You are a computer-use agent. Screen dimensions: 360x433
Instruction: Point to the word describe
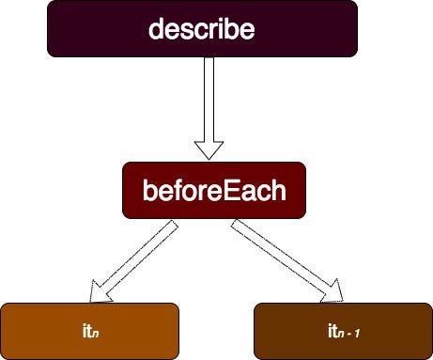202,29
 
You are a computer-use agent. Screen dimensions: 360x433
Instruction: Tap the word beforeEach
213,192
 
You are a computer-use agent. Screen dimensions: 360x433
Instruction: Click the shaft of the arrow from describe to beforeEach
209,99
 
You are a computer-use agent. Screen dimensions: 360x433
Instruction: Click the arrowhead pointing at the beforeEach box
209,149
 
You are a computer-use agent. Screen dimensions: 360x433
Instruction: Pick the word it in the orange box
86,330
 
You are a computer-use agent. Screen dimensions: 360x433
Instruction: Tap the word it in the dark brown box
332,330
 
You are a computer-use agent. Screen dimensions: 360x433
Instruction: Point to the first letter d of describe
156,29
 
